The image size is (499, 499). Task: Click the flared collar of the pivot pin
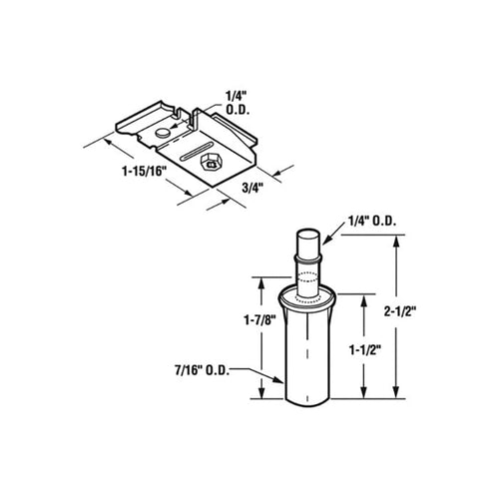click(308, 296)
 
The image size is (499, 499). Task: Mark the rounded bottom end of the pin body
click(308, 401)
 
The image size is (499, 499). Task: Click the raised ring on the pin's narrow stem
click(308, 260)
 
